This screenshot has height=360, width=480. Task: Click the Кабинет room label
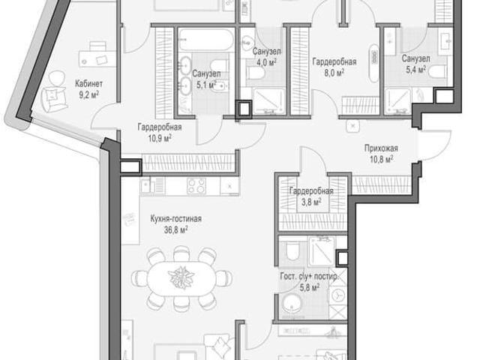pos(88,83)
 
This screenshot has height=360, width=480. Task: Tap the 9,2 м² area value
pos(88,95)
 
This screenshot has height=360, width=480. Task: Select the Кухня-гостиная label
pos(175,219)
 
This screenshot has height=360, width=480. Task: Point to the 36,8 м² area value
pos(175,229)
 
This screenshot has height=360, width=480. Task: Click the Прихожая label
pos(381,148)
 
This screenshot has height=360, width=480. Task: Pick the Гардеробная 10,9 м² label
pos(160,133)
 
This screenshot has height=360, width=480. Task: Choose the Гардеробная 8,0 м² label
pos(334,67)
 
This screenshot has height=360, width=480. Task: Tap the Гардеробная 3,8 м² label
pos(311,196)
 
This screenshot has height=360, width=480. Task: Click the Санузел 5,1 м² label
pos(206,79)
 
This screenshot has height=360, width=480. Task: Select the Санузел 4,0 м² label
pos(267,57)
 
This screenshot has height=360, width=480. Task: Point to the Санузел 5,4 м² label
pos(415,64)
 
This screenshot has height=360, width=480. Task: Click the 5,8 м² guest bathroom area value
pos(309,287)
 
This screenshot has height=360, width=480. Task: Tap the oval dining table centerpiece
pos(181,277)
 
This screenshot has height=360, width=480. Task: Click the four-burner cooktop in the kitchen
pos(196,185)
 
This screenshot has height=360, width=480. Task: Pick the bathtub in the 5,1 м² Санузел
pos(206,40)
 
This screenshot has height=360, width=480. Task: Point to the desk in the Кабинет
pos(97,57)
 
